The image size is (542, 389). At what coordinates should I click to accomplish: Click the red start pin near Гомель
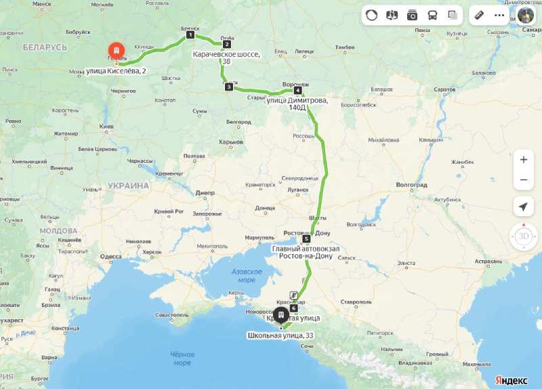point(117,52)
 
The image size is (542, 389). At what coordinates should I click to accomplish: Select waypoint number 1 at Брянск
point(190,35)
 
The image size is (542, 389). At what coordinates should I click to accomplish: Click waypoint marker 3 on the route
point(229,87)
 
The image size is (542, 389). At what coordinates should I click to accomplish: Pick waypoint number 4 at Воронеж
point(297,90)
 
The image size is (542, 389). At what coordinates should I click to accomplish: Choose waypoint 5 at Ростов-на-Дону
point(306,239)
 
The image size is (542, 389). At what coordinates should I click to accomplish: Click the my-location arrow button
point(523,207)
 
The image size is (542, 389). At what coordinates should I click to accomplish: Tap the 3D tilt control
point(523,237)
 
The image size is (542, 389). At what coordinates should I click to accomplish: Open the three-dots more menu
point(499,15)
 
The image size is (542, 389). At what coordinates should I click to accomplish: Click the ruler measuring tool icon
point(478,15)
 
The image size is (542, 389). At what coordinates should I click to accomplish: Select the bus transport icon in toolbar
point(432,15)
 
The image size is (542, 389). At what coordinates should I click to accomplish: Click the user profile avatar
point(526,15)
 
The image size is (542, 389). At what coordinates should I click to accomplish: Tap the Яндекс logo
point(511,380)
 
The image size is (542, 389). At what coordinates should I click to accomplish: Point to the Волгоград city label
point(411,184)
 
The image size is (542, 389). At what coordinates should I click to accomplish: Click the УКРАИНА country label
point(127,186)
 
